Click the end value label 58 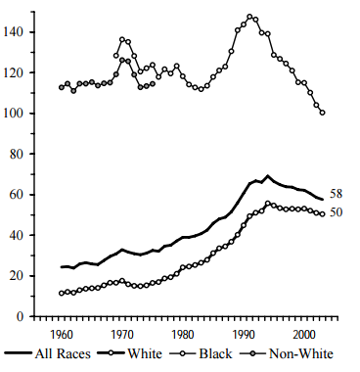click(336, 194)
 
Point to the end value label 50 click(336, 212)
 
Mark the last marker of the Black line click(323, 113)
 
